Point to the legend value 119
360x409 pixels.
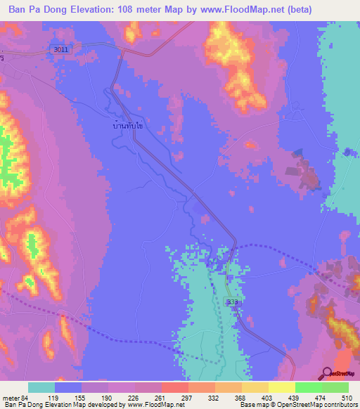tap(68, 397)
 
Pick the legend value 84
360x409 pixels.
tap(27, 397)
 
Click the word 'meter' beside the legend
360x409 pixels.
tap(11, 397)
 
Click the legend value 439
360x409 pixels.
tap(308, 397)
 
